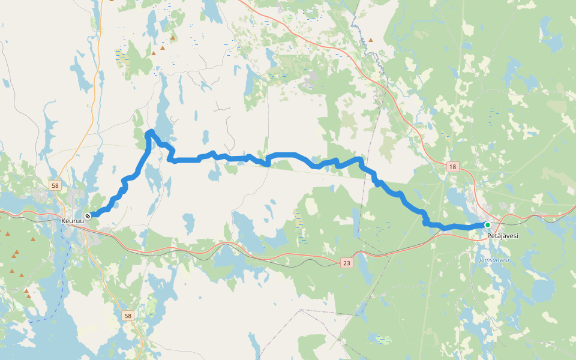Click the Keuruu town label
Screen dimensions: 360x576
point(73,221)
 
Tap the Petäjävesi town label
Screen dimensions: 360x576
point(502,236)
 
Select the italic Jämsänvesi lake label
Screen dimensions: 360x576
point(494,260)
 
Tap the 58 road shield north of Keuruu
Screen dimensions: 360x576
point(55,186)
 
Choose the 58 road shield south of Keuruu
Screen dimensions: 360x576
point(127,316)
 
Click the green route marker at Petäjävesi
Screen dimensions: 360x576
point(488,225)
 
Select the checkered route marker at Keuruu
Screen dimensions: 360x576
point(88,215)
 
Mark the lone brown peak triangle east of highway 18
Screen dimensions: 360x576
point(370,40)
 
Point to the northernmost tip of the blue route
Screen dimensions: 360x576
point(151,131)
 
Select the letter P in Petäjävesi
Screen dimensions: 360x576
point(489,236)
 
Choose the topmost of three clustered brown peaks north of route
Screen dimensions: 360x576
point(173,38)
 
